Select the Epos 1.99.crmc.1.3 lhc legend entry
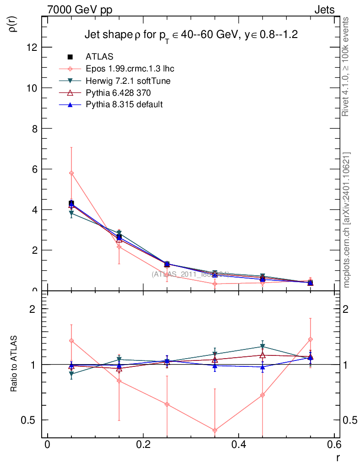point(130,69)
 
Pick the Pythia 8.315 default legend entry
point(124,104)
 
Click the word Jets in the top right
point(324,10)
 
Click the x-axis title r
point(338,457)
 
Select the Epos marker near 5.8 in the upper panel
point(71,173)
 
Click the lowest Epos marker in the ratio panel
point(215,430)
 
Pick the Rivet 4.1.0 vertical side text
point(347,66)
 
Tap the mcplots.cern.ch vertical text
point(347,220)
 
